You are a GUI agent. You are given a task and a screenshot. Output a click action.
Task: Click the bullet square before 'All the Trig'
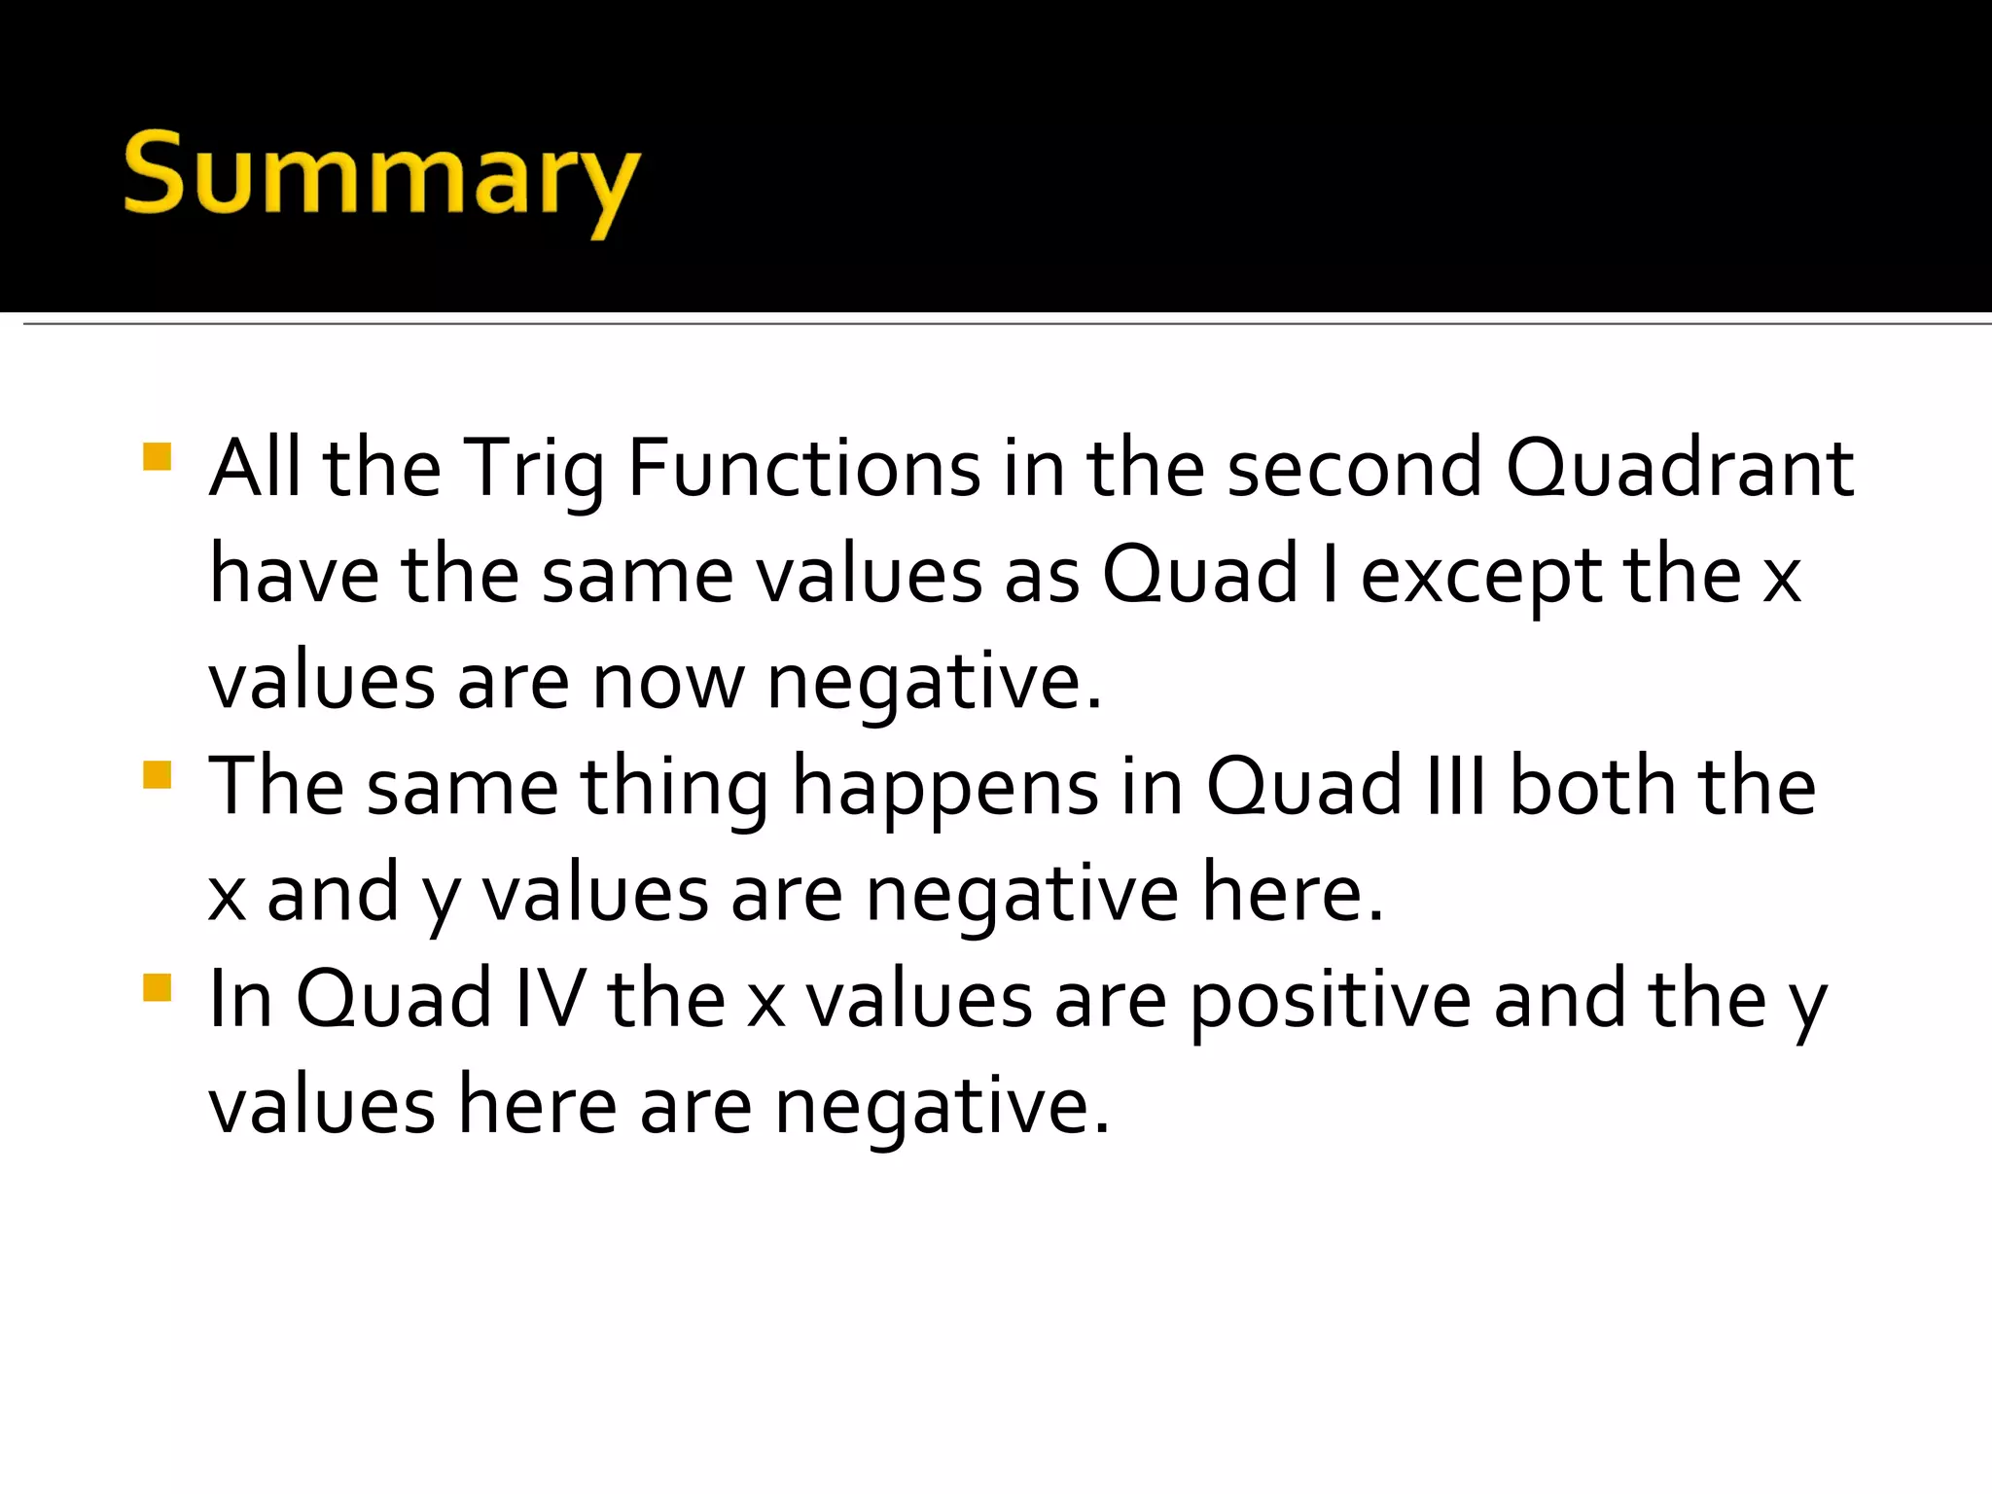coord(157,457)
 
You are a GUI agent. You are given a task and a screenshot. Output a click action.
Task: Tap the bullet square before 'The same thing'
coord(157,775)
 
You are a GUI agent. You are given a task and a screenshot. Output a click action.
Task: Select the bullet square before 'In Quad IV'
coord(157,987)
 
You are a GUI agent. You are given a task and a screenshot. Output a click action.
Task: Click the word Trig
coord(533,470)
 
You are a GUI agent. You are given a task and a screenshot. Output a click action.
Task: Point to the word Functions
coord(804,470)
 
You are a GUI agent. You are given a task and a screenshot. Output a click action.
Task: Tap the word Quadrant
coord(1680,470)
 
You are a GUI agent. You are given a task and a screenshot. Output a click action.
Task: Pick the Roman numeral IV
coord(551,999)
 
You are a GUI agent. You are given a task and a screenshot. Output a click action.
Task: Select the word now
coord(668,683)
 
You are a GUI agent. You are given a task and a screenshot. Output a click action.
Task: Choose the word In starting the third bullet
coord(240,999)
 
